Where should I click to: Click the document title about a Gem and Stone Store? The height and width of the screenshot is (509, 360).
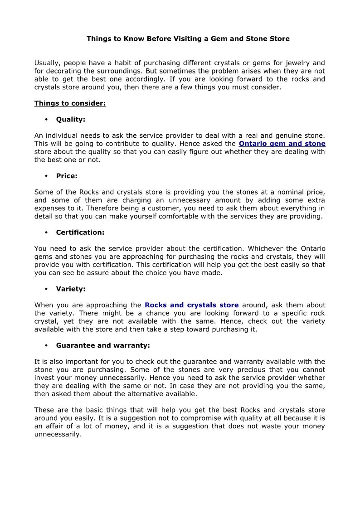pos(188,39)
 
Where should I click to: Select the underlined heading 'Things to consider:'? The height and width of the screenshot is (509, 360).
pos(70,103)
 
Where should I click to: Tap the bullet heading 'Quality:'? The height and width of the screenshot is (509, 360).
pos(71,120)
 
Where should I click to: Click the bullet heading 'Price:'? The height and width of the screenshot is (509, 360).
pos(67,176)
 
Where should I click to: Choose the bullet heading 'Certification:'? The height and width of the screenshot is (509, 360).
pos(80,233)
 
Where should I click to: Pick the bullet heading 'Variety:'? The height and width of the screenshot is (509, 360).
pos(71,289)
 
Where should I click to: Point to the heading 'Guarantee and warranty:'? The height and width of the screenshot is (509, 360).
pos(103,345)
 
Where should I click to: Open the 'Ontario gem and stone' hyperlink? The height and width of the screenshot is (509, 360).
pos(282,144)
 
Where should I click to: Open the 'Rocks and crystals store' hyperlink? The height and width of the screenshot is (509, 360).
pos(191,305)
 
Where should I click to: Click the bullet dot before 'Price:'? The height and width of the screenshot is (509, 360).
pos(47,176)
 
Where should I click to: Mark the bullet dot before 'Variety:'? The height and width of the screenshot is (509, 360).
pos(47,289)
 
